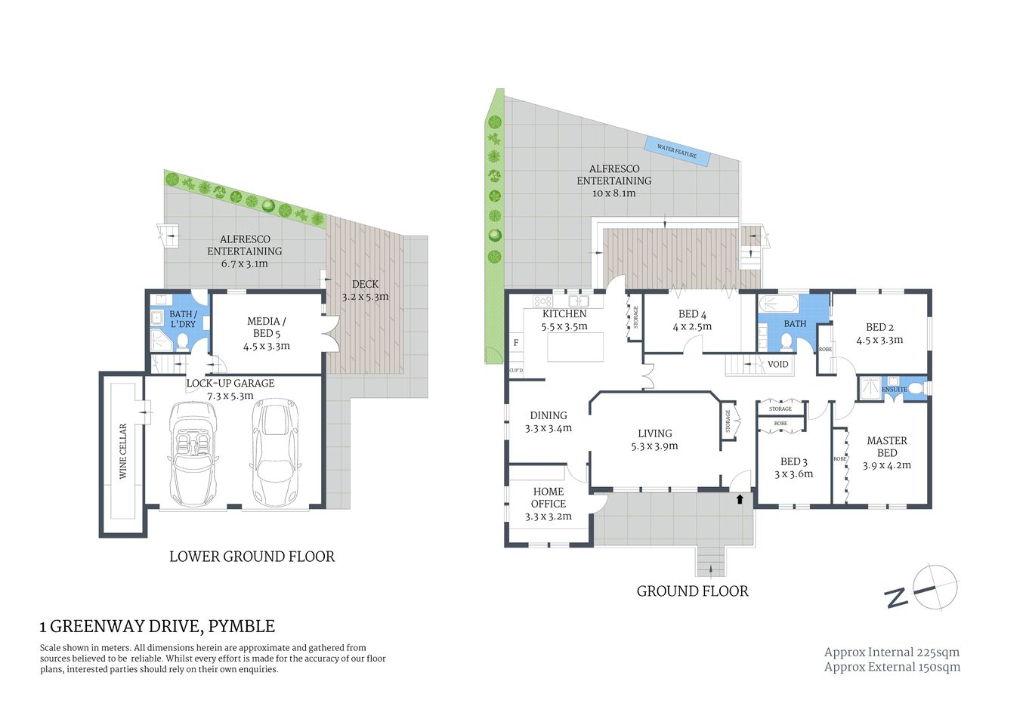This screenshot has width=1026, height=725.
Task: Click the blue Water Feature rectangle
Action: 677,151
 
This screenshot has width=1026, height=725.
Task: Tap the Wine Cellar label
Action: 123,451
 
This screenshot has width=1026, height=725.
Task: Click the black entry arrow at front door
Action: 740,498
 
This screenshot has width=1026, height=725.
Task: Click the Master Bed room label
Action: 887,446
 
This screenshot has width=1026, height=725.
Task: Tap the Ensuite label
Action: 895,390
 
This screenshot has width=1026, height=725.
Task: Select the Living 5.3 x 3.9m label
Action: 654,440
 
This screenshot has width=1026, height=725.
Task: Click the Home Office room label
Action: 549,498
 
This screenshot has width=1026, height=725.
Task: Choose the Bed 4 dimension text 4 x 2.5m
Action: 692,327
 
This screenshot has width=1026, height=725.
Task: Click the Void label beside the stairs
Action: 777,364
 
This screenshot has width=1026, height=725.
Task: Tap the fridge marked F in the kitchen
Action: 516,343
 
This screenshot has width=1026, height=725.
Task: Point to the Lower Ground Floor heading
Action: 252,557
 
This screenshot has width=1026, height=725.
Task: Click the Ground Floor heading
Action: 692,591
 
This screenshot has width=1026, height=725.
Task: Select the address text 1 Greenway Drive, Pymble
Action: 157,626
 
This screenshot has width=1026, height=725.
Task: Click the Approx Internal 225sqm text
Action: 892,652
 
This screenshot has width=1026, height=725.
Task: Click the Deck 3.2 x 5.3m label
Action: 365,290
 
